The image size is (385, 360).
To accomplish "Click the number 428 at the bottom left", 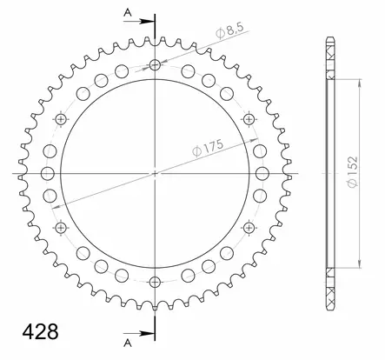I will coord(38,331).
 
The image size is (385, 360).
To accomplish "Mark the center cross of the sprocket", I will coord(156,173).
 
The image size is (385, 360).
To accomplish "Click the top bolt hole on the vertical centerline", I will coord(156,65).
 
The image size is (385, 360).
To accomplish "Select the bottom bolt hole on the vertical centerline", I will coord(156,281).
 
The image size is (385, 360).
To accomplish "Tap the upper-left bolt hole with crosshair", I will coord(62,119).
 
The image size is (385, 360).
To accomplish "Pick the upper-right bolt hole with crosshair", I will coord(249,119).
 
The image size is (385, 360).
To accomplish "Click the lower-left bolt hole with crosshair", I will coord(62,228).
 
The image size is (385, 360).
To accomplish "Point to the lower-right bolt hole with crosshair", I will coord(249,228).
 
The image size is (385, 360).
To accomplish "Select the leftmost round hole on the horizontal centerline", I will coord(48,173).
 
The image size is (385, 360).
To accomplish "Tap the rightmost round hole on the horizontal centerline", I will coord(263,173).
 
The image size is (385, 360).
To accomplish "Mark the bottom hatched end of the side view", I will coord(333,296).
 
